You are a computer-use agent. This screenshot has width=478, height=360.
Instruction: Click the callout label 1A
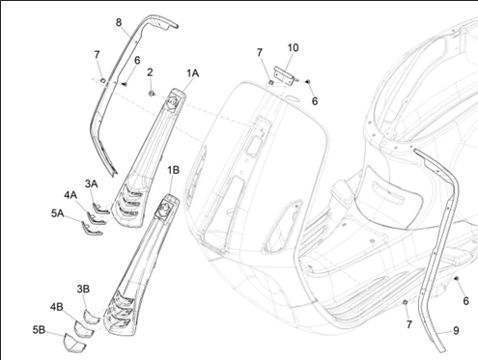click(x=193, y=73)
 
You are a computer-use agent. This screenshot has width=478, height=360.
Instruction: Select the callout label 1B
click(x=173, y=170)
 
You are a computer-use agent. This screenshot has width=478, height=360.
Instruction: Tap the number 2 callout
click(x=150, y=72)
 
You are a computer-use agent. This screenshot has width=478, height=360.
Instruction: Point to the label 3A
click(x=91, y=183)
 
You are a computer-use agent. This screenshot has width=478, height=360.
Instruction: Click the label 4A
click(x=70, y=195)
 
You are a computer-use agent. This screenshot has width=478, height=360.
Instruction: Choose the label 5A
click(x=57, y=213)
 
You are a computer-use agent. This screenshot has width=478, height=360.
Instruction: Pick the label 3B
click(x=83, y=289)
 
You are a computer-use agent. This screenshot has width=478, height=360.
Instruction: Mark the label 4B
click(x=57, y=307)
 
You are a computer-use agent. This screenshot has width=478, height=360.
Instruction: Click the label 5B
click(x=39, y=330)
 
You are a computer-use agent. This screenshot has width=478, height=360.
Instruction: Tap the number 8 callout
click(x=119, y=22)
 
